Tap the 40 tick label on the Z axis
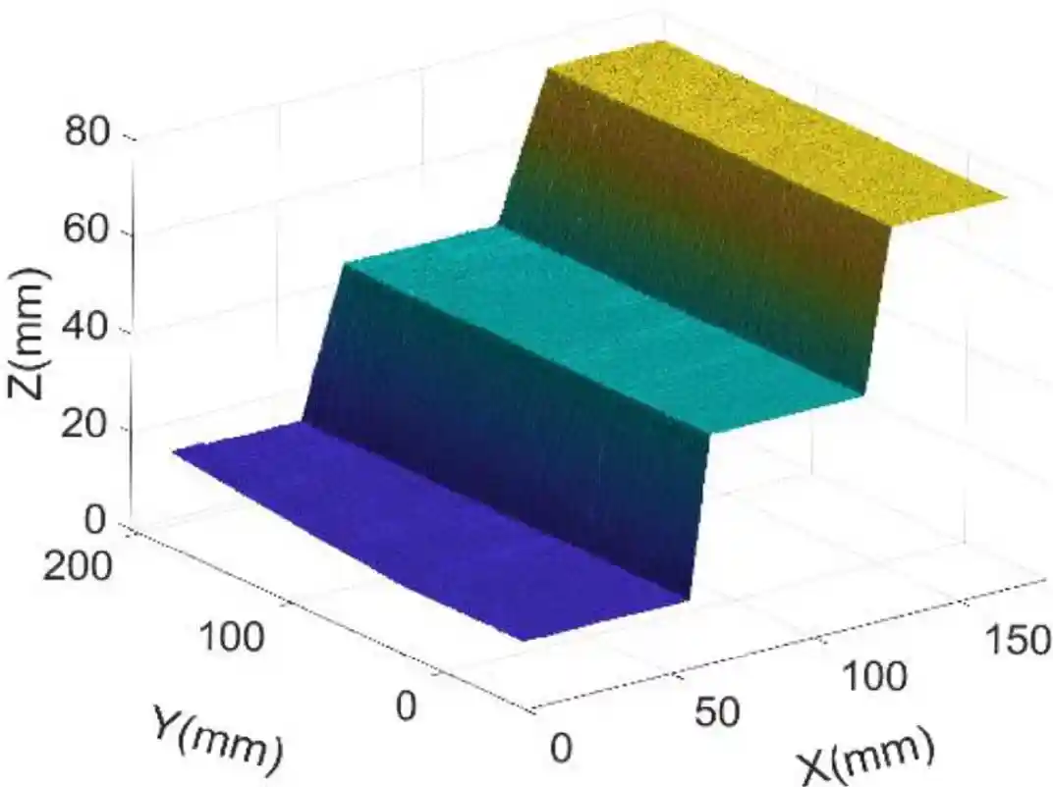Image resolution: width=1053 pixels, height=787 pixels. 90,330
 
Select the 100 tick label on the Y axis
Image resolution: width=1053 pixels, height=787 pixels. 232,639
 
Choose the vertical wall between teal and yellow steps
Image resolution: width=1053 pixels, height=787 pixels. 688,226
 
